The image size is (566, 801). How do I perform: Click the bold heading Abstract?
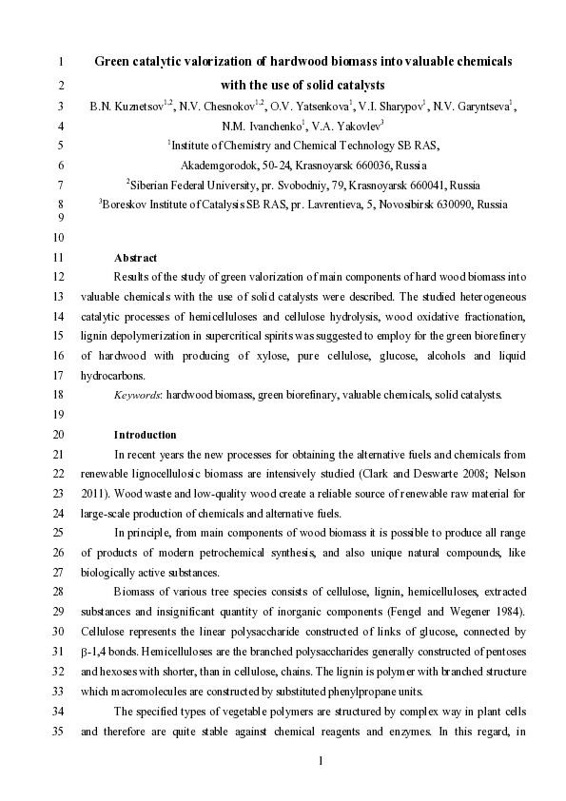135,257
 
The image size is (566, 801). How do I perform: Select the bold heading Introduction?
145,434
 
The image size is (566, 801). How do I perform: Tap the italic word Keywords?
137,394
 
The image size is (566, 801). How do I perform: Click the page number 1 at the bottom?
321,760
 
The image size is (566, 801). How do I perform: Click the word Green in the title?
113,61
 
